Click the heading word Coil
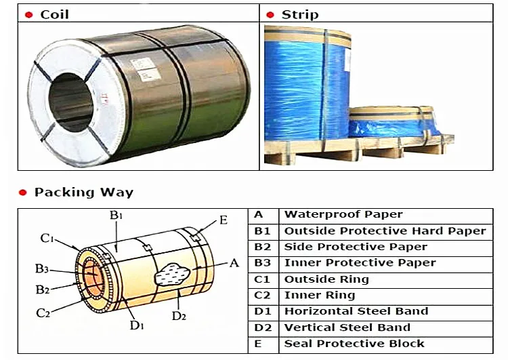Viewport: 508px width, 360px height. click(x=54, y=15)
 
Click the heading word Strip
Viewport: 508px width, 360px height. click(x=300, y=15)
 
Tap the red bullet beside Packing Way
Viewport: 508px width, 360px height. click(x=22, y=193)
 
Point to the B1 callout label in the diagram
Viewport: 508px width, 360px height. click(x=116, y=215)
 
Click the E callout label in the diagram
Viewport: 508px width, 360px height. click(x=224, y=220)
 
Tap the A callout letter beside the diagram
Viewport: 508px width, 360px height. click(x=234, y=262)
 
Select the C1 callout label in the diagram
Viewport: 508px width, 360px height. click(x=47, y=239)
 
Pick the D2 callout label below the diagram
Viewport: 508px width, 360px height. click(x=179, y=315)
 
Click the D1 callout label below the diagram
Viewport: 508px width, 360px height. click(x=137, y=325)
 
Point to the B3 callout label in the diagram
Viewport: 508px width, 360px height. click(x=42, y=268)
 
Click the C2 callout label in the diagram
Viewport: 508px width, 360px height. click(x=43, y=313)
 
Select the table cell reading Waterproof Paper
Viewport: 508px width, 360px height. click(x=343, y=214)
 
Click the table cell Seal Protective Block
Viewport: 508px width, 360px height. click(x=354, y=344)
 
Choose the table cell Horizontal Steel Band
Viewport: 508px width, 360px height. click(x=356, y=311)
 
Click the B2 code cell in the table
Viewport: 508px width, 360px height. click(x=262, y=247)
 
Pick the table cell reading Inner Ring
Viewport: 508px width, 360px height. click(x=320, y=295)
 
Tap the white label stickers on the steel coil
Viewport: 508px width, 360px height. click(x=146, y=69)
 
